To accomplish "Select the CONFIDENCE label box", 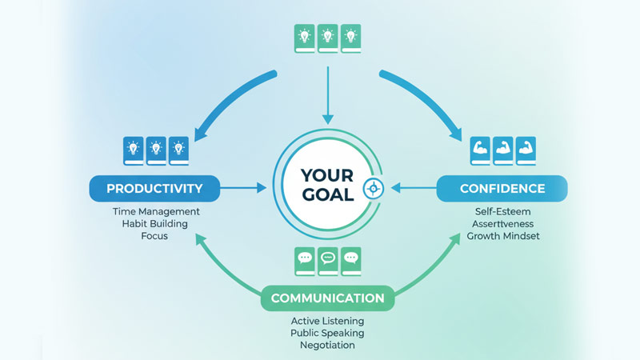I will pos(502,189).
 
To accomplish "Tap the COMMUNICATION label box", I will pos(327,298).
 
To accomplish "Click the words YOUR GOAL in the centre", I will pos(327,184).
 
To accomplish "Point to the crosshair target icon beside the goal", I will pos(372,189).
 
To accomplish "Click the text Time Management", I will pos(156,212).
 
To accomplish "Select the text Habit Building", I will pos(156,224).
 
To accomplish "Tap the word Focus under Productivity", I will pos(156,236).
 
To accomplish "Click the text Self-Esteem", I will pos(502,212).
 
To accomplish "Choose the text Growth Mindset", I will pos(502,236).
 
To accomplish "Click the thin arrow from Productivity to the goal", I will pos(244,189).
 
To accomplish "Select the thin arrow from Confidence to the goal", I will pos(412,189).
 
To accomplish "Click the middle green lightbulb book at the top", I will pos(327,37).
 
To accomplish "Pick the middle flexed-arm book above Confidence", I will pos(502,149).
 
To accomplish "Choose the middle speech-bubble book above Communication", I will pos(327,259).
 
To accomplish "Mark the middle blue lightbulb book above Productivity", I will pos(156,149).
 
